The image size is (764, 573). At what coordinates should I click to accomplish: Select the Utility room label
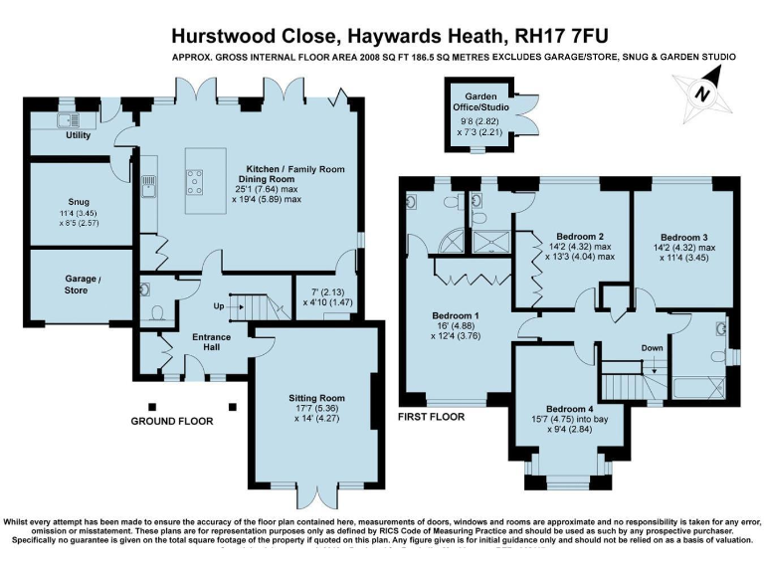pyautogui.click(x=78, y=134)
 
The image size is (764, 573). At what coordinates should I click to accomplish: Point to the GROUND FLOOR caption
pyautogui.click(x=172, y=421)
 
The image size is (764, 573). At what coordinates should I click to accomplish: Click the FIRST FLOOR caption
pyautogui.click(x=430, y=417)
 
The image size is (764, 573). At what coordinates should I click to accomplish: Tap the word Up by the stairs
pyautogui.click(x=218, y=305)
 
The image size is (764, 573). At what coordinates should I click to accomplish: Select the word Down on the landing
pyautogui.click(x=652, y=348)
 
